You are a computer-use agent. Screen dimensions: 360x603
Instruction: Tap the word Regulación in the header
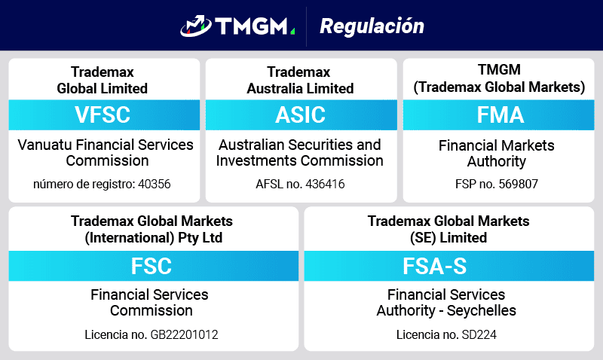pyautogui.click(x=372, y=26)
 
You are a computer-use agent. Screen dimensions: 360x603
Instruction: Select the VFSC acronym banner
pyautogui.click(x=103, y=115)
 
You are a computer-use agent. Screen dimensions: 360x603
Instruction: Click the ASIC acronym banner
pyautogui.click(x=301, y=115)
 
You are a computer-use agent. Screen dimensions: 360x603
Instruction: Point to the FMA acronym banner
pyautogui.click(x=500, y=115)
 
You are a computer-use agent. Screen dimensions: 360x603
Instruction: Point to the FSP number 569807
pyautogui.click(x=517, y=183)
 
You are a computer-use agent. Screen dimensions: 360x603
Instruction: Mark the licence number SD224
pyautogui.click(x=479, y=334)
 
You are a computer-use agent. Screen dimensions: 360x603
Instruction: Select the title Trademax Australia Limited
pyautogui.click(x=300, y=81)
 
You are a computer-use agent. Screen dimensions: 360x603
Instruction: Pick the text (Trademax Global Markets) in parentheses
pyautogui.click(x=499, y=87)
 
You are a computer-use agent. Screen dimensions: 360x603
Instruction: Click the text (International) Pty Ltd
pyautogui.click(x=154, y=238)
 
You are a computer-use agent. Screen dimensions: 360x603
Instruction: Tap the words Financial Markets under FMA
pyautogui.click(x=496, y=145)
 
